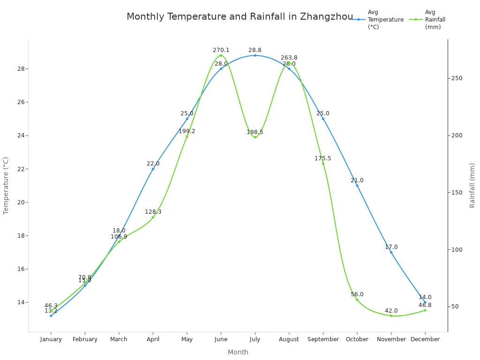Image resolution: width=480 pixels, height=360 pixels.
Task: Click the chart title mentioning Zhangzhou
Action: coord(240,17)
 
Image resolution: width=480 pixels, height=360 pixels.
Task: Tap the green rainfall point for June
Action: coord(221,55)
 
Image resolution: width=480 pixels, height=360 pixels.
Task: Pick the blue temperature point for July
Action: coord(255,55)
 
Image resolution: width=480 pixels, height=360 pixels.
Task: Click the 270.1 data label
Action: coord(221,50)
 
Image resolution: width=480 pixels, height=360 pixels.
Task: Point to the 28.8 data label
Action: coord(255,50)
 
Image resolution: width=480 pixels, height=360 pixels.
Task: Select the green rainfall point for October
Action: coord(357,300)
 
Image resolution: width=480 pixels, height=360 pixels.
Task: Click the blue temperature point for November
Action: coord(391,252)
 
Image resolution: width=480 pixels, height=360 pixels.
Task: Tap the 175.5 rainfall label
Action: coord(322,158)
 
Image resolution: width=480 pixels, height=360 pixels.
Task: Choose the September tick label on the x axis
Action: coord(323,339)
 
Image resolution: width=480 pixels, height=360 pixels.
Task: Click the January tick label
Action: coord(51,339)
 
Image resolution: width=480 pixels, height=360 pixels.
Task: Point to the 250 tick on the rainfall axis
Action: coord(457,78)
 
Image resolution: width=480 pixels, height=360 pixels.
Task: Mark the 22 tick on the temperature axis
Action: coord(21,169)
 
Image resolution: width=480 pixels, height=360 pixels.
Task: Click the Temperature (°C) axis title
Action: coord(6,186)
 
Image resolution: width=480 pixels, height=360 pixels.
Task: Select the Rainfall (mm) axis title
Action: coord(472,186)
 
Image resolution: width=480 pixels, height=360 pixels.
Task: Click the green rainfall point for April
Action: coord(153,217)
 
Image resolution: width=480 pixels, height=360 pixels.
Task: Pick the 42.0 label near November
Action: coord(391,311)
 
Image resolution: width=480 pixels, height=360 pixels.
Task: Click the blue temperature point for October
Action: coord(357,186)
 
